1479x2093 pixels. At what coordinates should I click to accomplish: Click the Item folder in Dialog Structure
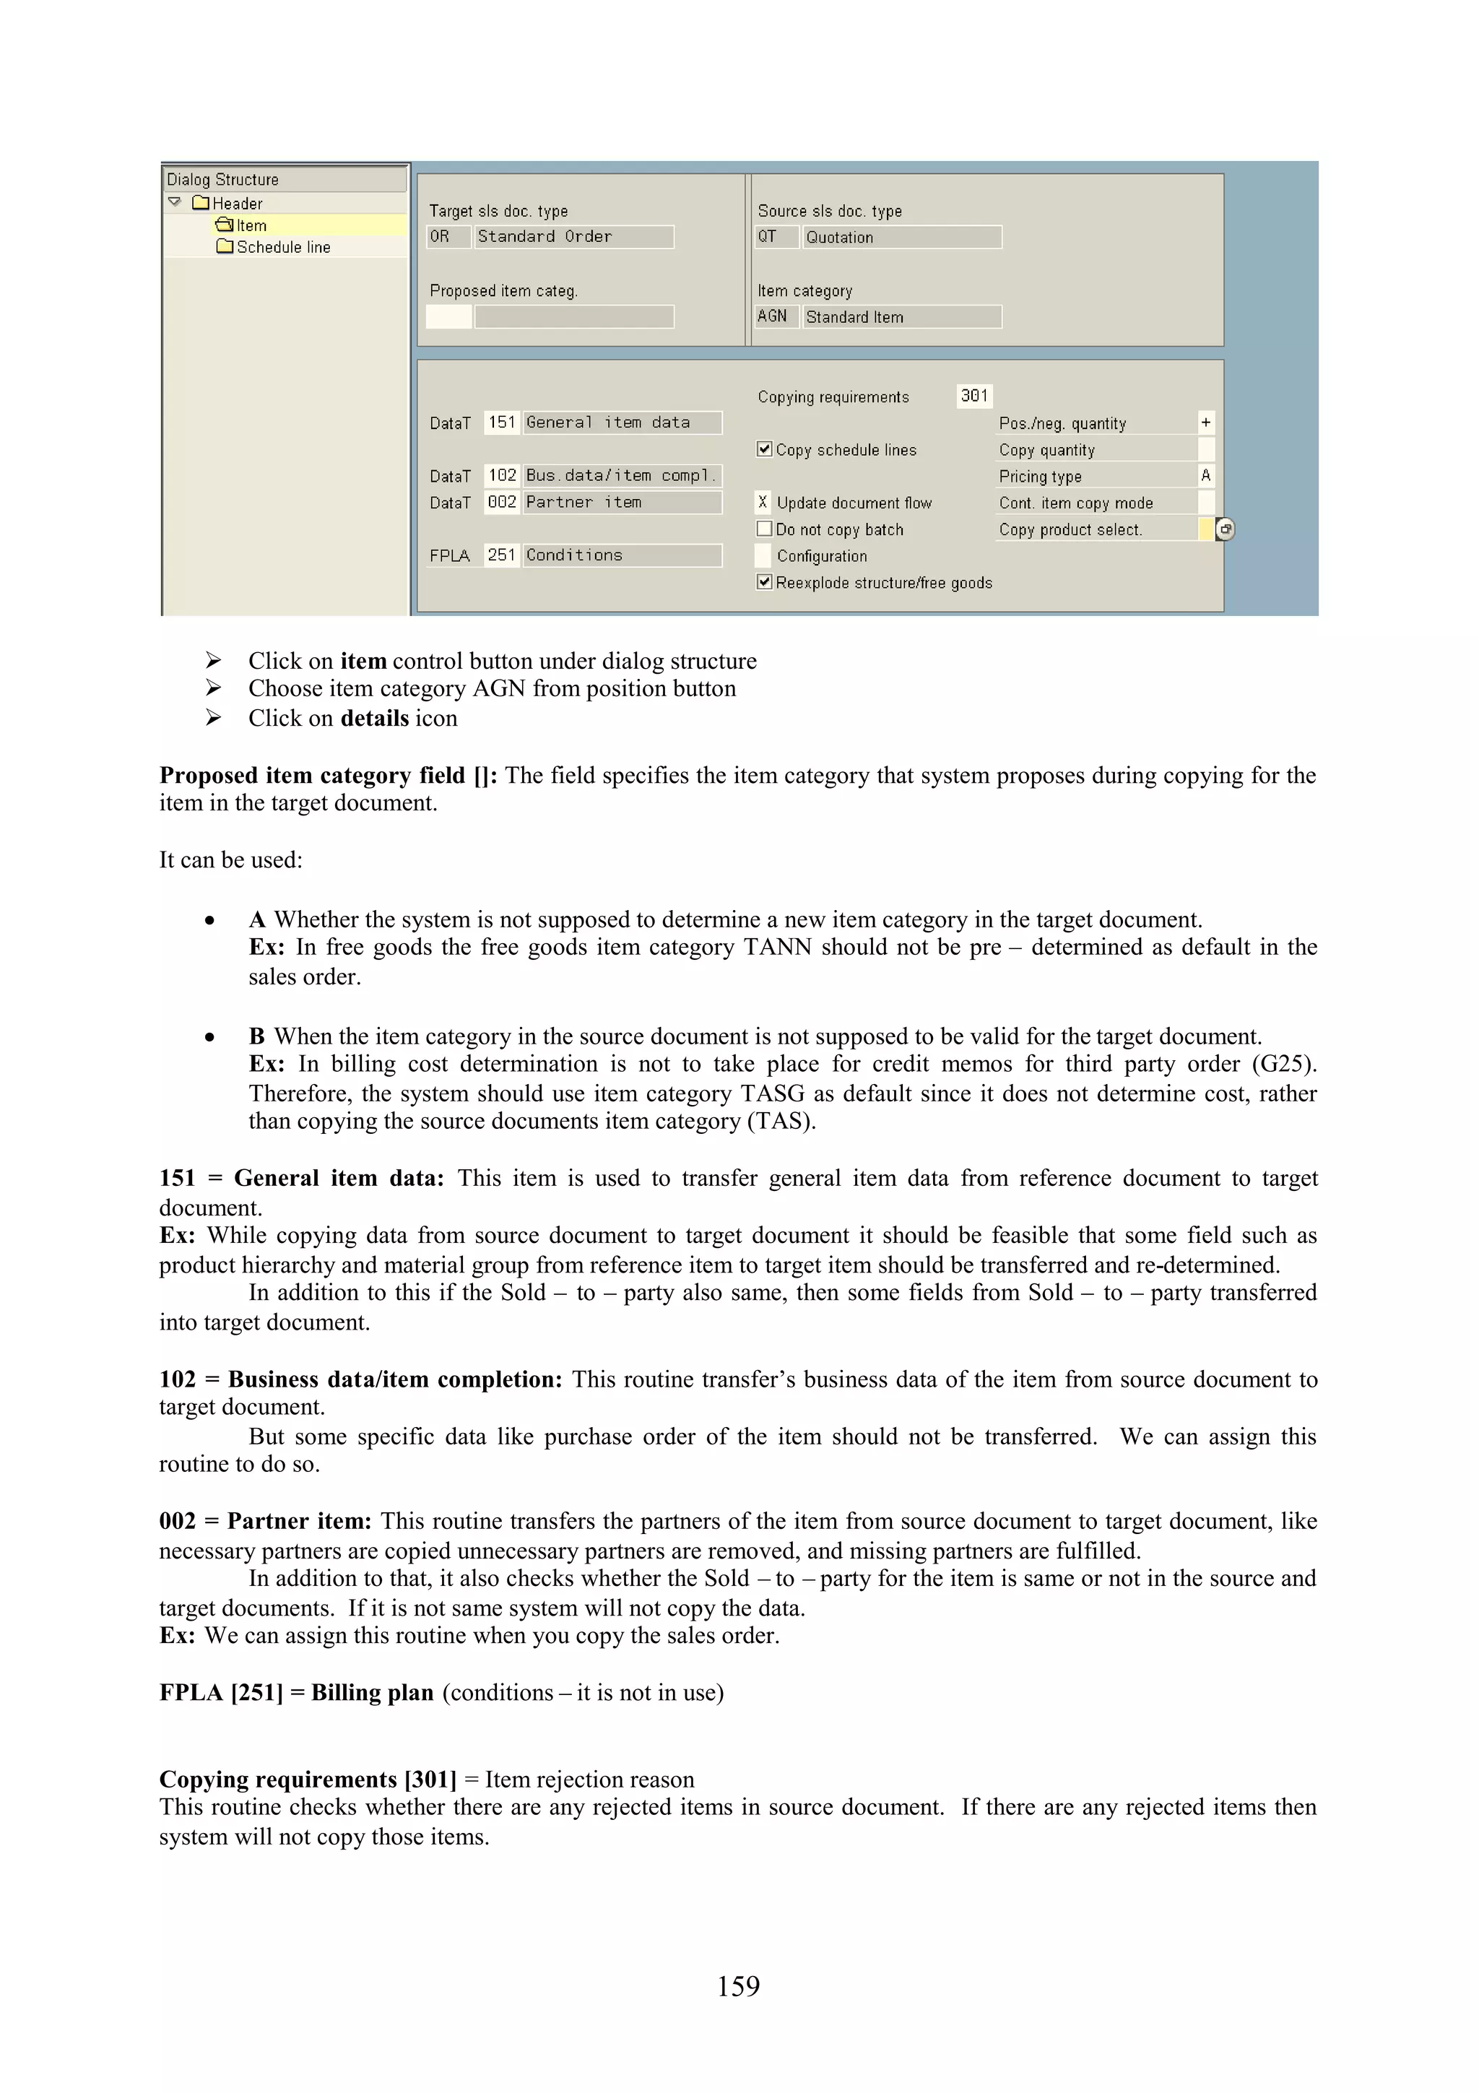click(x=243, y=225)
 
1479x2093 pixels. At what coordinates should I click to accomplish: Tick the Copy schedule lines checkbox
click(x=765, y=448)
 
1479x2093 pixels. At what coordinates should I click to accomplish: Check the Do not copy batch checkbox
click(x=765, y=529)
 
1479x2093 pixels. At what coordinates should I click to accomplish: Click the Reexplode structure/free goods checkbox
click(x=765, y=581)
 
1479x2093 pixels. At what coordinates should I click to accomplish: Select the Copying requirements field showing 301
click(x=973, y=396)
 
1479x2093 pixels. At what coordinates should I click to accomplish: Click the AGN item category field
click(x=773, y=316)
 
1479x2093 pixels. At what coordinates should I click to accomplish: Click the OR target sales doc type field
click(x=446, y=237)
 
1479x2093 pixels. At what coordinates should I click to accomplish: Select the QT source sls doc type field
click(x=775, y=237)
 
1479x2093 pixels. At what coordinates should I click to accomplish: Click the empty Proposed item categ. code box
click(x=448, y=316)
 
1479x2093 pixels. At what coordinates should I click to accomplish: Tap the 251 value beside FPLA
click(x=501, y=555)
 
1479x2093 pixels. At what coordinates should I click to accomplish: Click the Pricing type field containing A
click(x=1205, y=475)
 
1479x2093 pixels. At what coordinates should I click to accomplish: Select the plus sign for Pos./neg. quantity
click(x=1205, y=422)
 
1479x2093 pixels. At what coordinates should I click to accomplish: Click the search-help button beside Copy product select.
click(x=1226, y=529)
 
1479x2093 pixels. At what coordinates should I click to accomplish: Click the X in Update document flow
click(x=763, y=501)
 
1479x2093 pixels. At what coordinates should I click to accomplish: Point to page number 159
click(x=738, y=1985)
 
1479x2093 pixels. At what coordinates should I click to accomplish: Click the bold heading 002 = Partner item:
click(x=264, y=1520)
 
